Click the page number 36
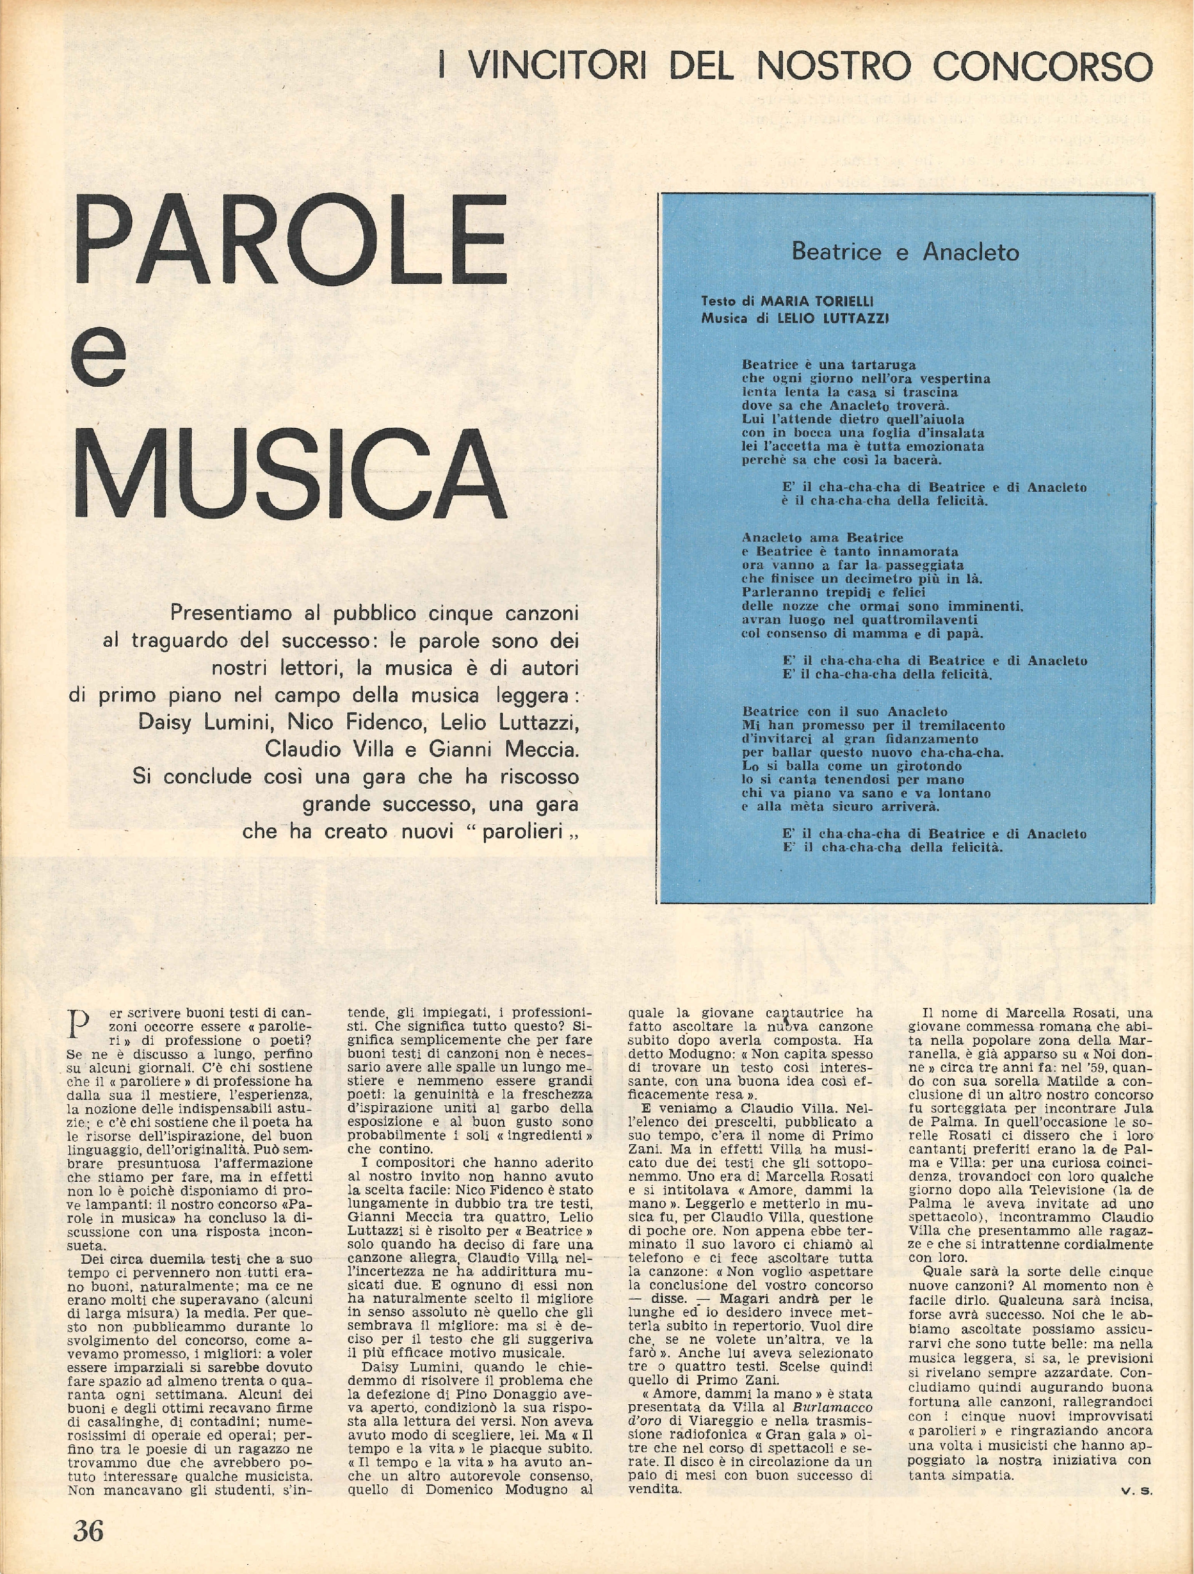coord(88,1531)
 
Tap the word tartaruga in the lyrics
coord(875,365)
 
